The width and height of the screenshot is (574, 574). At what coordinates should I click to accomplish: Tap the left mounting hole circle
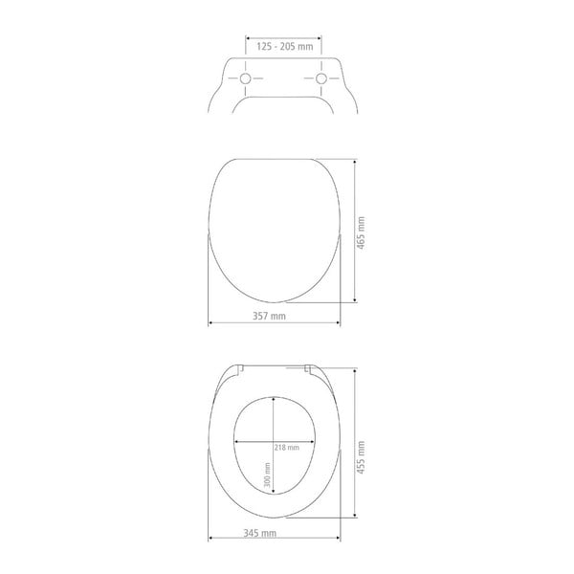[x=244, y=77]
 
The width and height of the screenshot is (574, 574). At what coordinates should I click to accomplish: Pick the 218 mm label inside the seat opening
[x=287, y=448]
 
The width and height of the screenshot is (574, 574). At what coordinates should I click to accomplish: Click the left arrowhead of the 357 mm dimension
[x=210, y=323]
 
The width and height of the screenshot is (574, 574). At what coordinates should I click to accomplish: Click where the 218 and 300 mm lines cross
[x=274, y=442]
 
